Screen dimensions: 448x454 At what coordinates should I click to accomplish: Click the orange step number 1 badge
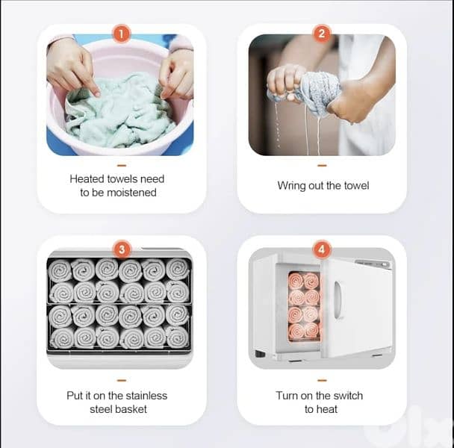pos(122,34)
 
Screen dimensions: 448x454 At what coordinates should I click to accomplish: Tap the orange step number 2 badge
pos(322,34)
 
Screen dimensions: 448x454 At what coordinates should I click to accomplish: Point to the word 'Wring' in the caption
pos(291,185)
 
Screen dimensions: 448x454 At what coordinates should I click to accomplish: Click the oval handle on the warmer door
pos(338,300)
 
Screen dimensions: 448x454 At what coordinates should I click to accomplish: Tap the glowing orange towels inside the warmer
pos(303,306)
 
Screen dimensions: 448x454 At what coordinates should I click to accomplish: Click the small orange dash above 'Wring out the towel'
pos(322,165)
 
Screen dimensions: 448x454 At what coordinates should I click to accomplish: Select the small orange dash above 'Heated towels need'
pos(122,165)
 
